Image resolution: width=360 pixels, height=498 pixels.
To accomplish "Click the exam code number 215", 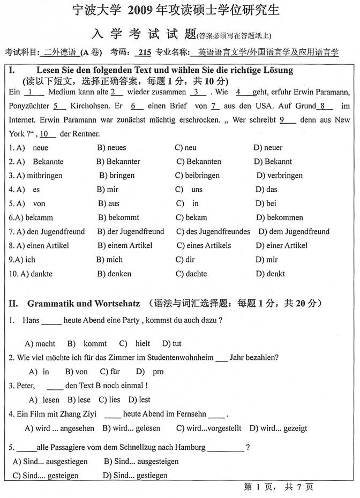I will [144, 52].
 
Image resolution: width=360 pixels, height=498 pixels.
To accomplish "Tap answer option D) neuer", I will [268, 148].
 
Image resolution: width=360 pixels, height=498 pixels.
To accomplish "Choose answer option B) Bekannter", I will [118, 162].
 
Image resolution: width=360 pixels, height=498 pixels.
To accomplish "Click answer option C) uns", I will [190, 190].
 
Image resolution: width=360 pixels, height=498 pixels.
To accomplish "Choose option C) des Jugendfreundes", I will [213, 232].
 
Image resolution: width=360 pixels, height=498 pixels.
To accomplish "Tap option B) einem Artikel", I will [125, 246].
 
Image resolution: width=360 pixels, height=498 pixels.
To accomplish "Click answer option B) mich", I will [110, 260].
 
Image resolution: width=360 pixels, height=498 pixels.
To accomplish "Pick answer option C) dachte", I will [191, 274].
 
